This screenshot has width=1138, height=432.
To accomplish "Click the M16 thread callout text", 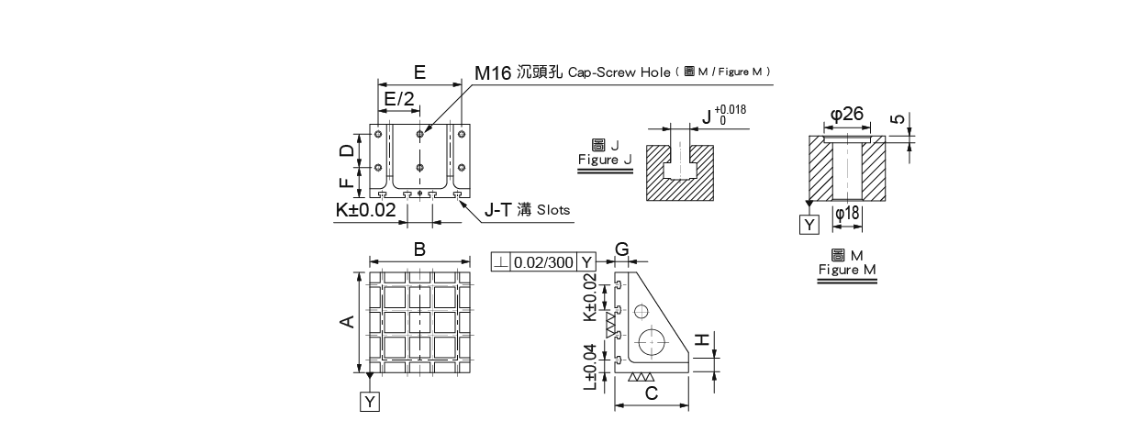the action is point(492,73).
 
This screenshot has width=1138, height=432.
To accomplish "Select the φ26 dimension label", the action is point(847,114).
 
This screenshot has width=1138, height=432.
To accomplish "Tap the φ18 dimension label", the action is point(847,213).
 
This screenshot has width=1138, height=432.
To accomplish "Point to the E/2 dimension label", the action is point(399,98).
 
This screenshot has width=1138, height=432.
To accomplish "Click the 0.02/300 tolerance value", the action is point(543,262).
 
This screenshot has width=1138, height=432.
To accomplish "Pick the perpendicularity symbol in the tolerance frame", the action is point(500,262).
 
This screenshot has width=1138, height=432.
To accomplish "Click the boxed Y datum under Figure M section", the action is point(809,225).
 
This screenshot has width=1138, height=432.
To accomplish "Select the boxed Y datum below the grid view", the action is point(369,402).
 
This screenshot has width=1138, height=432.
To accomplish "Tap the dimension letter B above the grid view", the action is point(419,249).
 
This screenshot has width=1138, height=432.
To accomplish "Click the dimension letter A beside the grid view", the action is point(348,321).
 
